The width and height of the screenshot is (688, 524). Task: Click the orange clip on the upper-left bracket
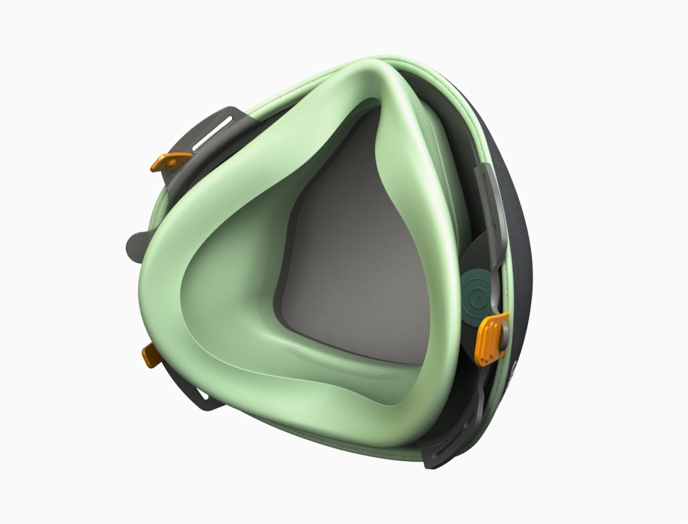point(170,160)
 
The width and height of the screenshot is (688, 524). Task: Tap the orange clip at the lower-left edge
point(151,356)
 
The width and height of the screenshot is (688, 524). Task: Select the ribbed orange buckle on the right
point(492,338)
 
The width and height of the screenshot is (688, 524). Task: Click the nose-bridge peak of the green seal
point(387,72)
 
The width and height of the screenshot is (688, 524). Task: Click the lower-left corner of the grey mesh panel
point(282,314)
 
